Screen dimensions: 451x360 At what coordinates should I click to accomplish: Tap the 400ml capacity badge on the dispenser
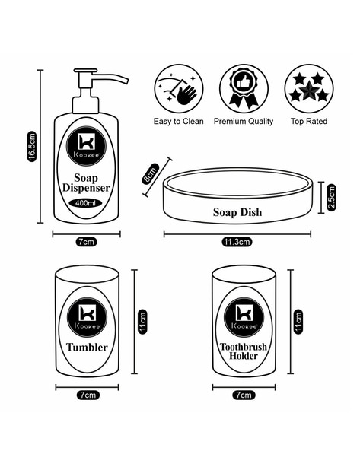[x=86, y=203]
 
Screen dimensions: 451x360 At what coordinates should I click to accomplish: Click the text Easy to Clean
[x=178, y=121]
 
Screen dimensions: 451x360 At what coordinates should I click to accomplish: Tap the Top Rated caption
[x=308, y=121]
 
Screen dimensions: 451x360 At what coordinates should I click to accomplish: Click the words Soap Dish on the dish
[x=237, y=212]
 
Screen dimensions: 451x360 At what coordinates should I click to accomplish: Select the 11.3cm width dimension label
[x=237, y=242]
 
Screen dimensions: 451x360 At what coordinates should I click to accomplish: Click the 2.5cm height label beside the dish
[x=332, y=199]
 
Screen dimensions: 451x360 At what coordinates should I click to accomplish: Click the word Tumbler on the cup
[x=87, y=348]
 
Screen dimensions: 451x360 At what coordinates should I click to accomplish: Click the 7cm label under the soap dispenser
[x=86, y=242]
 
